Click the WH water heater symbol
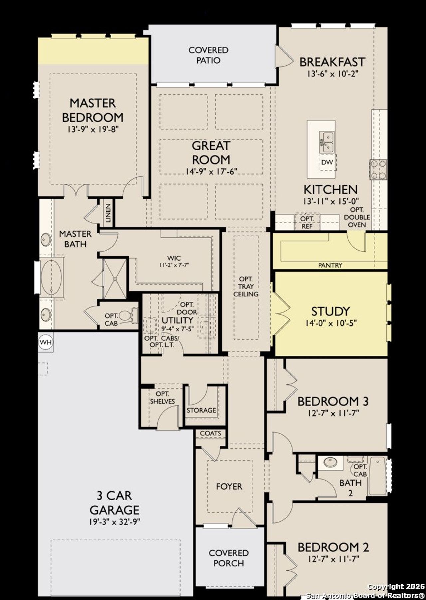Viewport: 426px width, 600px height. coord(46,342)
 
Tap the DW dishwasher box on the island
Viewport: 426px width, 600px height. coord(327,162)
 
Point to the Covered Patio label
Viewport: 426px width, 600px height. coord(208,55)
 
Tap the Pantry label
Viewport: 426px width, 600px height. coord(330,265)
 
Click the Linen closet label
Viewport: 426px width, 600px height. coord(108,213)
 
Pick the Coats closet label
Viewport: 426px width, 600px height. coord(211,433)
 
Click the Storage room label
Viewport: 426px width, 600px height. coord(201,410)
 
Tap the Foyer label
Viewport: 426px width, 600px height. coord(229,486)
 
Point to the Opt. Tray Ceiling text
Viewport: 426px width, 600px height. coord(246,286)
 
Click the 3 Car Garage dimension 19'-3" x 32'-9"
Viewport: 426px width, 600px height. coord(115,522)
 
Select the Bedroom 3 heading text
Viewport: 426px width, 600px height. coord(333,401)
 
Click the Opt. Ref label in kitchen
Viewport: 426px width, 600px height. coord(307,222)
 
